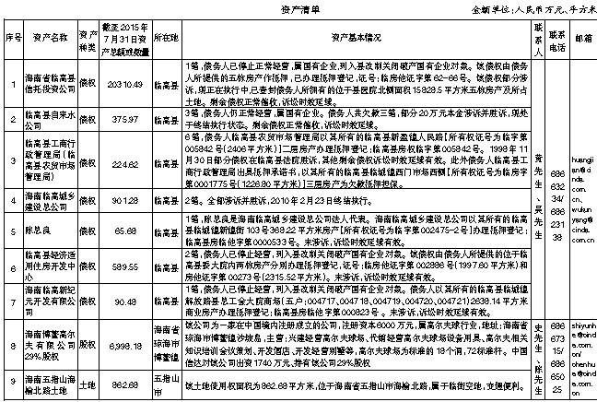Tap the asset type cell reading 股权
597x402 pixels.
89,341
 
